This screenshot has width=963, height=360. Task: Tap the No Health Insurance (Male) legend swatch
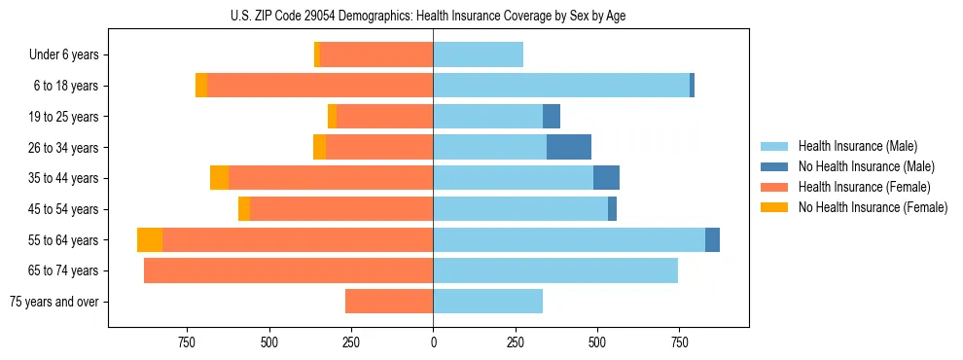click(x=774, y=166)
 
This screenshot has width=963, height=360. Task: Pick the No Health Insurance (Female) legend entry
click(x=872, y=207)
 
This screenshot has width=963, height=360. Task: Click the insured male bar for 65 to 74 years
click(x=555, y=270)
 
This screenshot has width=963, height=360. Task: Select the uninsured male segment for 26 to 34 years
click(x=569, y=147)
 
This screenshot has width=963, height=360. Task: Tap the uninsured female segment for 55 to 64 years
click(x=150, y=240)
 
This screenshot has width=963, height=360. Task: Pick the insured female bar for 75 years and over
click(x=389, y=302)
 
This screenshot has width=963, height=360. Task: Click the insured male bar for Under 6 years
click(x=478, y=54)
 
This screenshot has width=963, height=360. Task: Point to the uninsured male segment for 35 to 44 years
click(x=606, y=178)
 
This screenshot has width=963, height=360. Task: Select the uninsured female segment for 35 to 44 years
click(x=219, y=178)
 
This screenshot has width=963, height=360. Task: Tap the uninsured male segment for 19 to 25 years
click(x=552, y=117)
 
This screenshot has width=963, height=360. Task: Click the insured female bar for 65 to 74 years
click(x=288, y=270)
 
